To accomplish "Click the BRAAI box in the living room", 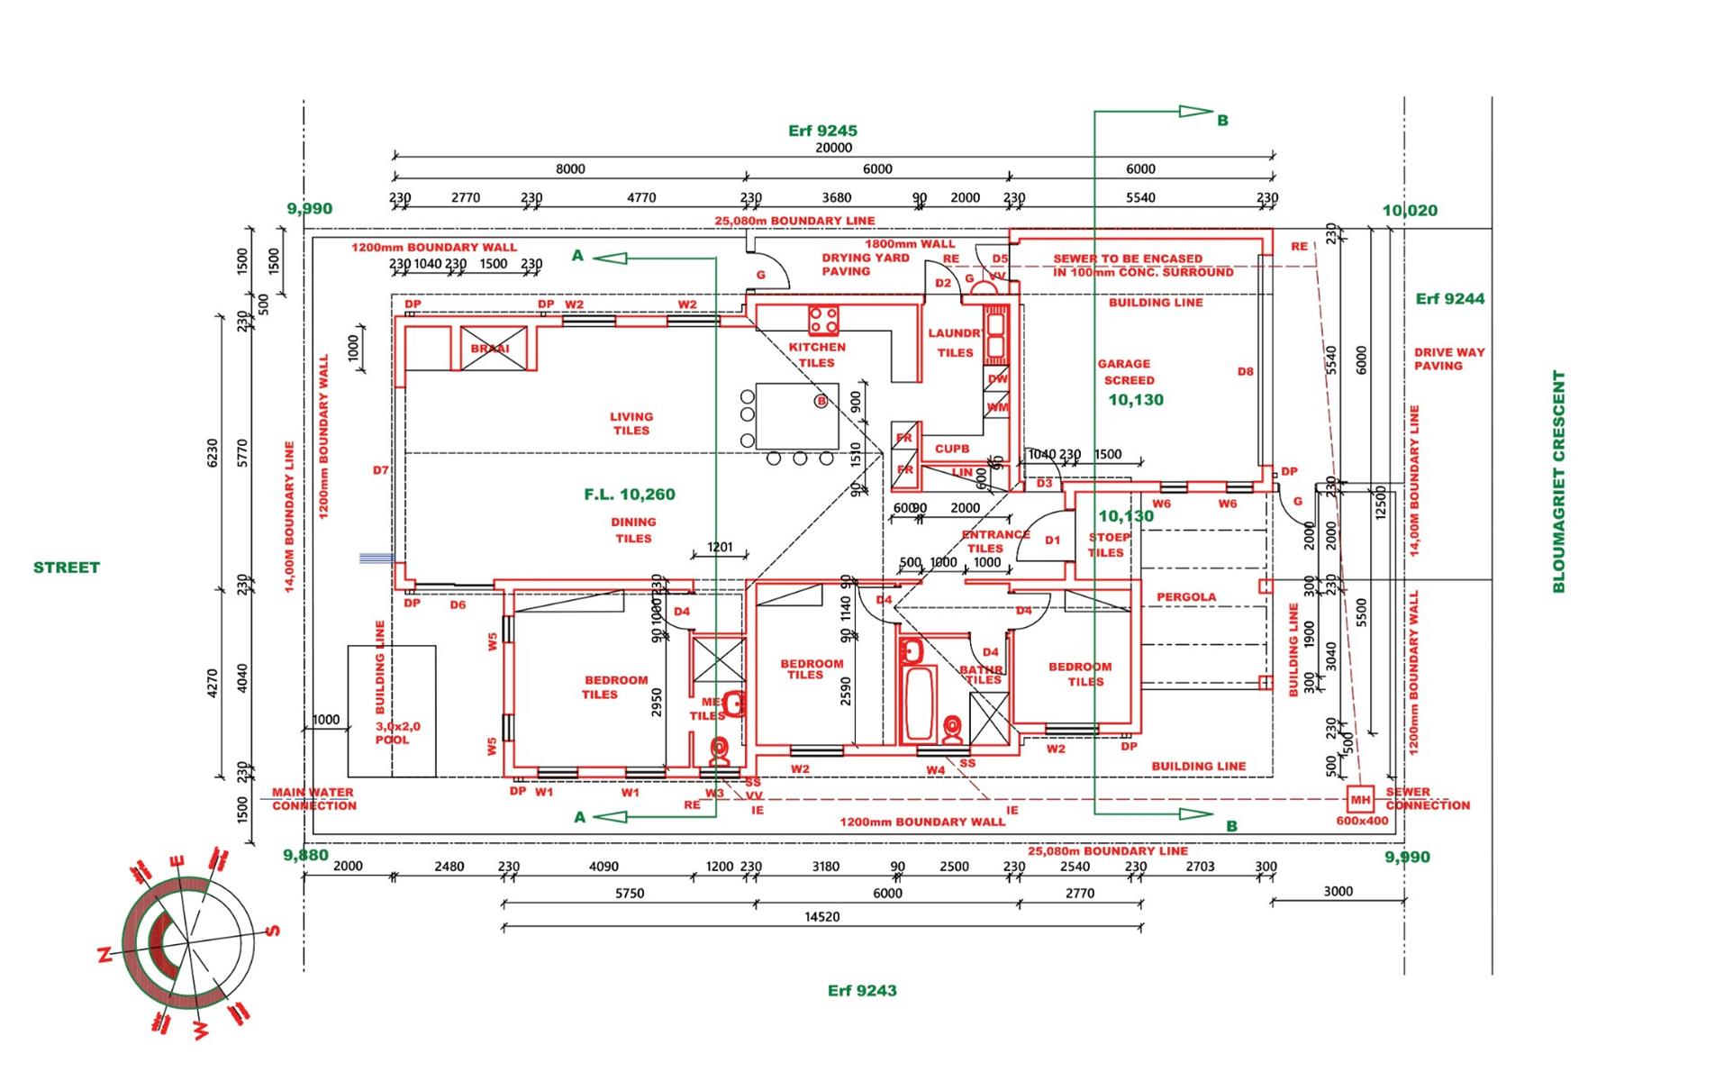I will coord(491,349).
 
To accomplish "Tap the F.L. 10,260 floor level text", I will coord(630,495).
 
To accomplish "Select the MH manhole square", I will coord(1360,799).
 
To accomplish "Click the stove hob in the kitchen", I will coord(823,321).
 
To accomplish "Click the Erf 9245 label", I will coord(822,131).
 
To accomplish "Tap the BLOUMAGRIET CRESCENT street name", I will coord(1559,481).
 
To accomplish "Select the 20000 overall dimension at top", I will coord(833,148).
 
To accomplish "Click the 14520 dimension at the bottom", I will coord(821,917).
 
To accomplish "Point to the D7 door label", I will coord(381,470).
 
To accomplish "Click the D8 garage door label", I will coord(1245,371).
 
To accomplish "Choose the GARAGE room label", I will coord(1123,364).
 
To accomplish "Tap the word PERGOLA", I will coord(1186,596).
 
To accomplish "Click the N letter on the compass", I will coord(104,955).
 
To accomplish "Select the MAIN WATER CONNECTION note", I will coord(313,799).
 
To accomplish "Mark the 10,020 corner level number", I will coord(1410,211).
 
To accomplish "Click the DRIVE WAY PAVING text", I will coord(1448,359).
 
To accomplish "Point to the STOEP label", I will coord(1109,537).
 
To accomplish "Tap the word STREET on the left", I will coord(67,568).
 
